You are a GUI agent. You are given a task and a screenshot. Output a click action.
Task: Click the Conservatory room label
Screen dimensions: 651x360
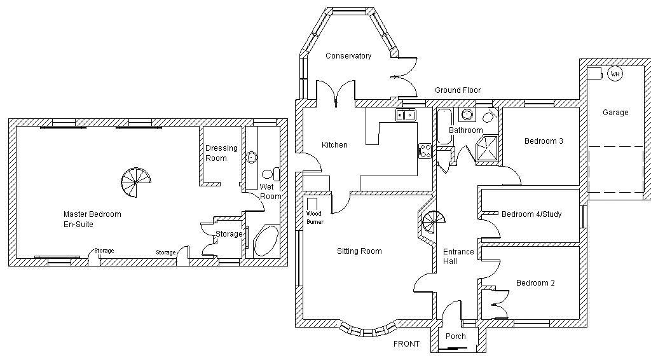[x=348, y=56]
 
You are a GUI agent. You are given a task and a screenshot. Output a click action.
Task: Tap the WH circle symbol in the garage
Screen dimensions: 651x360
[x=615, y=74]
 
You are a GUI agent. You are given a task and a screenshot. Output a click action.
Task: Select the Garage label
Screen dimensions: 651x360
[x=615, y=113]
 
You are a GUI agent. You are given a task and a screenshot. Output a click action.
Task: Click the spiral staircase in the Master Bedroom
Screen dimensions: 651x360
[x=135, y=183]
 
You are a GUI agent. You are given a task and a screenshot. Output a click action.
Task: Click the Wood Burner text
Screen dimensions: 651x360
[x=315, y=218]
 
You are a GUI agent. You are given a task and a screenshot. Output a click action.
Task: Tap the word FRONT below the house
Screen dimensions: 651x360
[x=406, y=344]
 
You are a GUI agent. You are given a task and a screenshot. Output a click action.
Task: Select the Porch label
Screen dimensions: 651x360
[x=455, y=336]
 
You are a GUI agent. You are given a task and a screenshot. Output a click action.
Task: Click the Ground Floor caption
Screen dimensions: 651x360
[x=458, y=90]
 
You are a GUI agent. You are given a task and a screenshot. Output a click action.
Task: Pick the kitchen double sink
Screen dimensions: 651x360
[x=405, y=115]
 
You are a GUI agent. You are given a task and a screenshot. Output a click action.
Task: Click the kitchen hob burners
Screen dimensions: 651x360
[x=425, y=151]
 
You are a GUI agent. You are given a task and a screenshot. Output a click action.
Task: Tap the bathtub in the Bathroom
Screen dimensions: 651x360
[x=443, y=125]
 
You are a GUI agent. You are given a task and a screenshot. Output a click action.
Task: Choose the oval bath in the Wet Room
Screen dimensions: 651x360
[x=266, y=240]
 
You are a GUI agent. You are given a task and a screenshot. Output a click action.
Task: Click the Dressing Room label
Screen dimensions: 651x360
[x=221, y=153]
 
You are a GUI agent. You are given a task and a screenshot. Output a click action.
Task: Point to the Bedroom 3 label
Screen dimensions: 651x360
[x=544, y=141]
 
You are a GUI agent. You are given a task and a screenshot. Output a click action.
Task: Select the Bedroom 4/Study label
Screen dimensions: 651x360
[x=531, y=214]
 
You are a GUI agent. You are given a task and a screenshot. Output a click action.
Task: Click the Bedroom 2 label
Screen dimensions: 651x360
[x=535, y=283]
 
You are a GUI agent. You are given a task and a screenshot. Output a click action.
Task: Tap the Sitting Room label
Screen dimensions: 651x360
[x=359, y=251]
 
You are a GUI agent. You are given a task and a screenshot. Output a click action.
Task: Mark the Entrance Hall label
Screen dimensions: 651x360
[x=458, y=256]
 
